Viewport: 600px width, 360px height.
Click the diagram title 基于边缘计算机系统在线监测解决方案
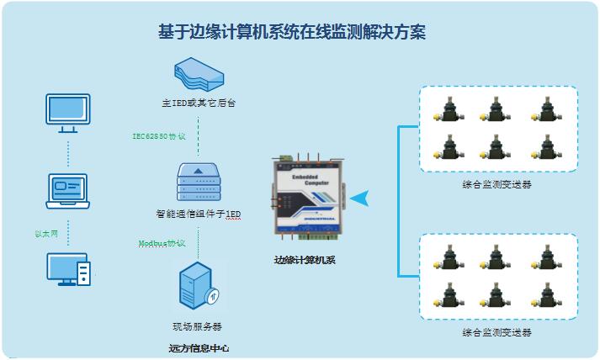click(x=292, y=33)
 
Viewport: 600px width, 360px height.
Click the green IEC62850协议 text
click(x=159, y=135)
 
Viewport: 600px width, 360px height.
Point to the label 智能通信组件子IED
click(x=199, y=214)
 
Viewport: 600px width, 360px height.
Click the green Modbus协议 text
click(x=162, y=243)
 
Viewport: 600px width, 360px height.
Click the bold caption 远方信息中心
click(x=199, y=347)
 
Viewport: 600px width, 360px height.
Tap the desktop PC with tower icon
click(x=68, y=271)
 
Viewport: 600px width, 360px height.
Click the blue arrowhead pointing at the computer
click(x=360, y=199)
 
